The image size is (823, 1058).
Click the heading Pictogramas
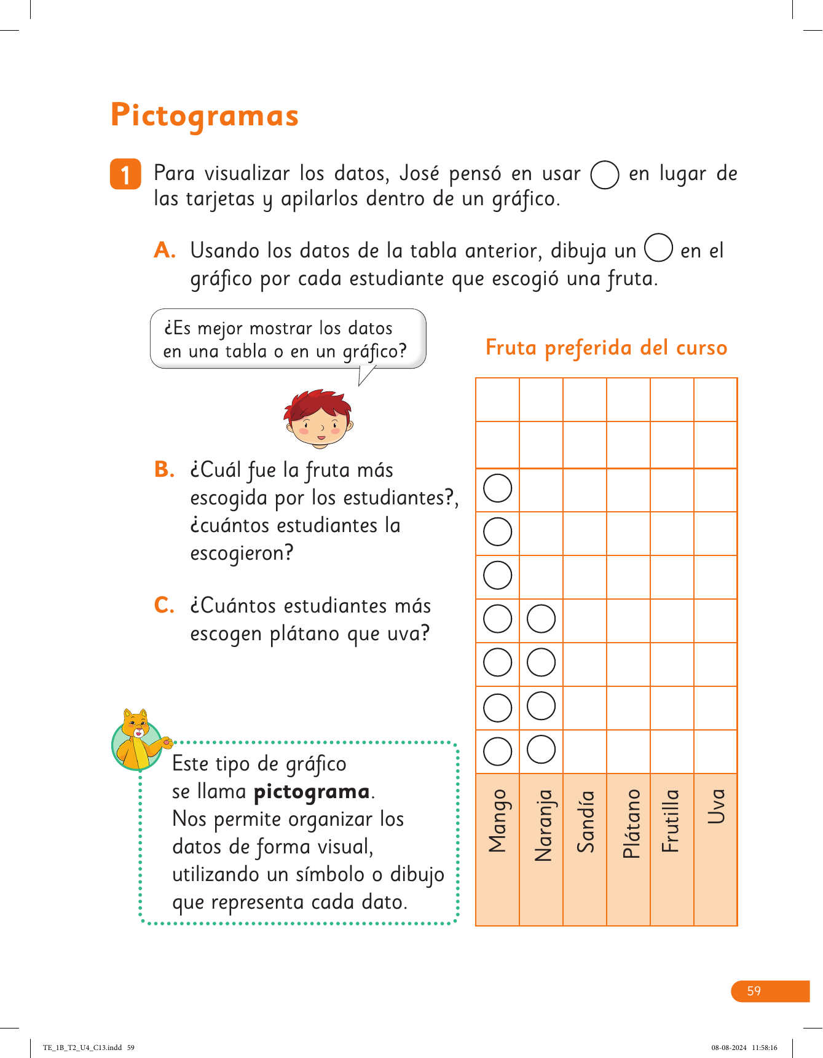[x=205, y=116]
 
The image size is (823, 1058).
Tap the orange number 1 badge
[x=125, y=174]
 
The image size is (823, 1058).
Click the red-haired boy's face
[x=318, y=420]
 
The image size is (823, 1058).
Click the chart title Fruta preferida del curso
[x=606, y=348]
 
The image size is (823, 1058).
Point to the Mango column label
[x=498, y=821]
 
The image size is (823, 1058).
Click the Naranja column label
[x=543, y=825]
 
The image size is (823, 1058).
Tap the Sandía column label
[x=586, y=821]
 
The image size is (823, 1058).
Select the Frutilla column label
[x=671, y=821]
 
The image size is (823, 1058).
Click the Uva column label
[x=716, y=806]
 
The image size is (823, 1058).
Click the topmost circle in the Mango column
[x=498, y=488]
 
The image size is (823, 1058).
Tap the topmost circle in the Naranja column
[x=541, y=619]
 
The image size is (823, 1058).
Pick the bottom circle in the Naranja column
[x=541, y=750]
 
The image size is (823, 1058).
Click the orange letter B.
[x=164, y=469]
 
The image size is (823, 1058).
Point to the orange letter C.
[x=164, y=605]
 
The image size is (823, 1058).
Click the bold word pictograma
[x=312, y=791]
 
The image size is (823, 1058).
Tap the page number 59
[x=754, y=991]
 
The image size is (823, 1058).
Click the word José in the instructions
[x=419, y=173]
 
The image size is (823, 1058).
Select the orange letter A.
[x=164, y=251]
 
